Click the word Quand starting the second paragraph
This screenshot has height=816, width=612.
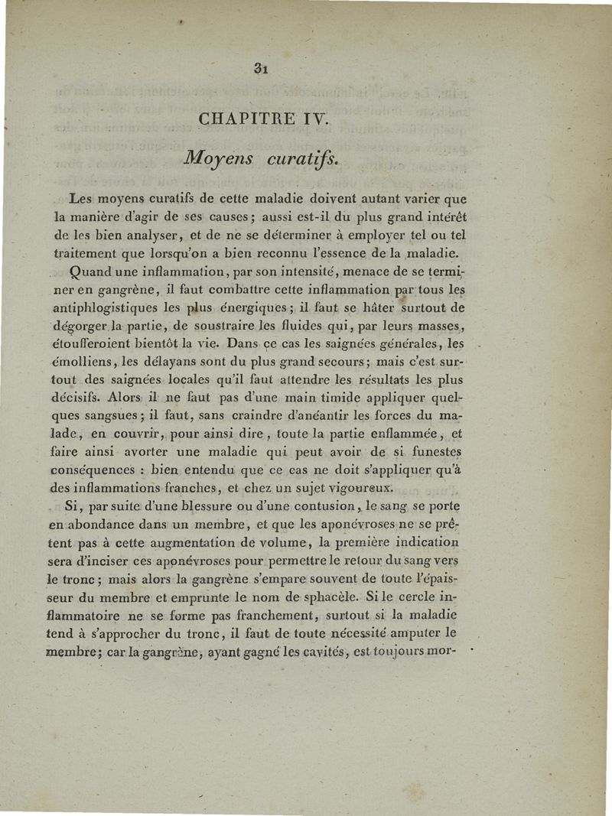point(90,271)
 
